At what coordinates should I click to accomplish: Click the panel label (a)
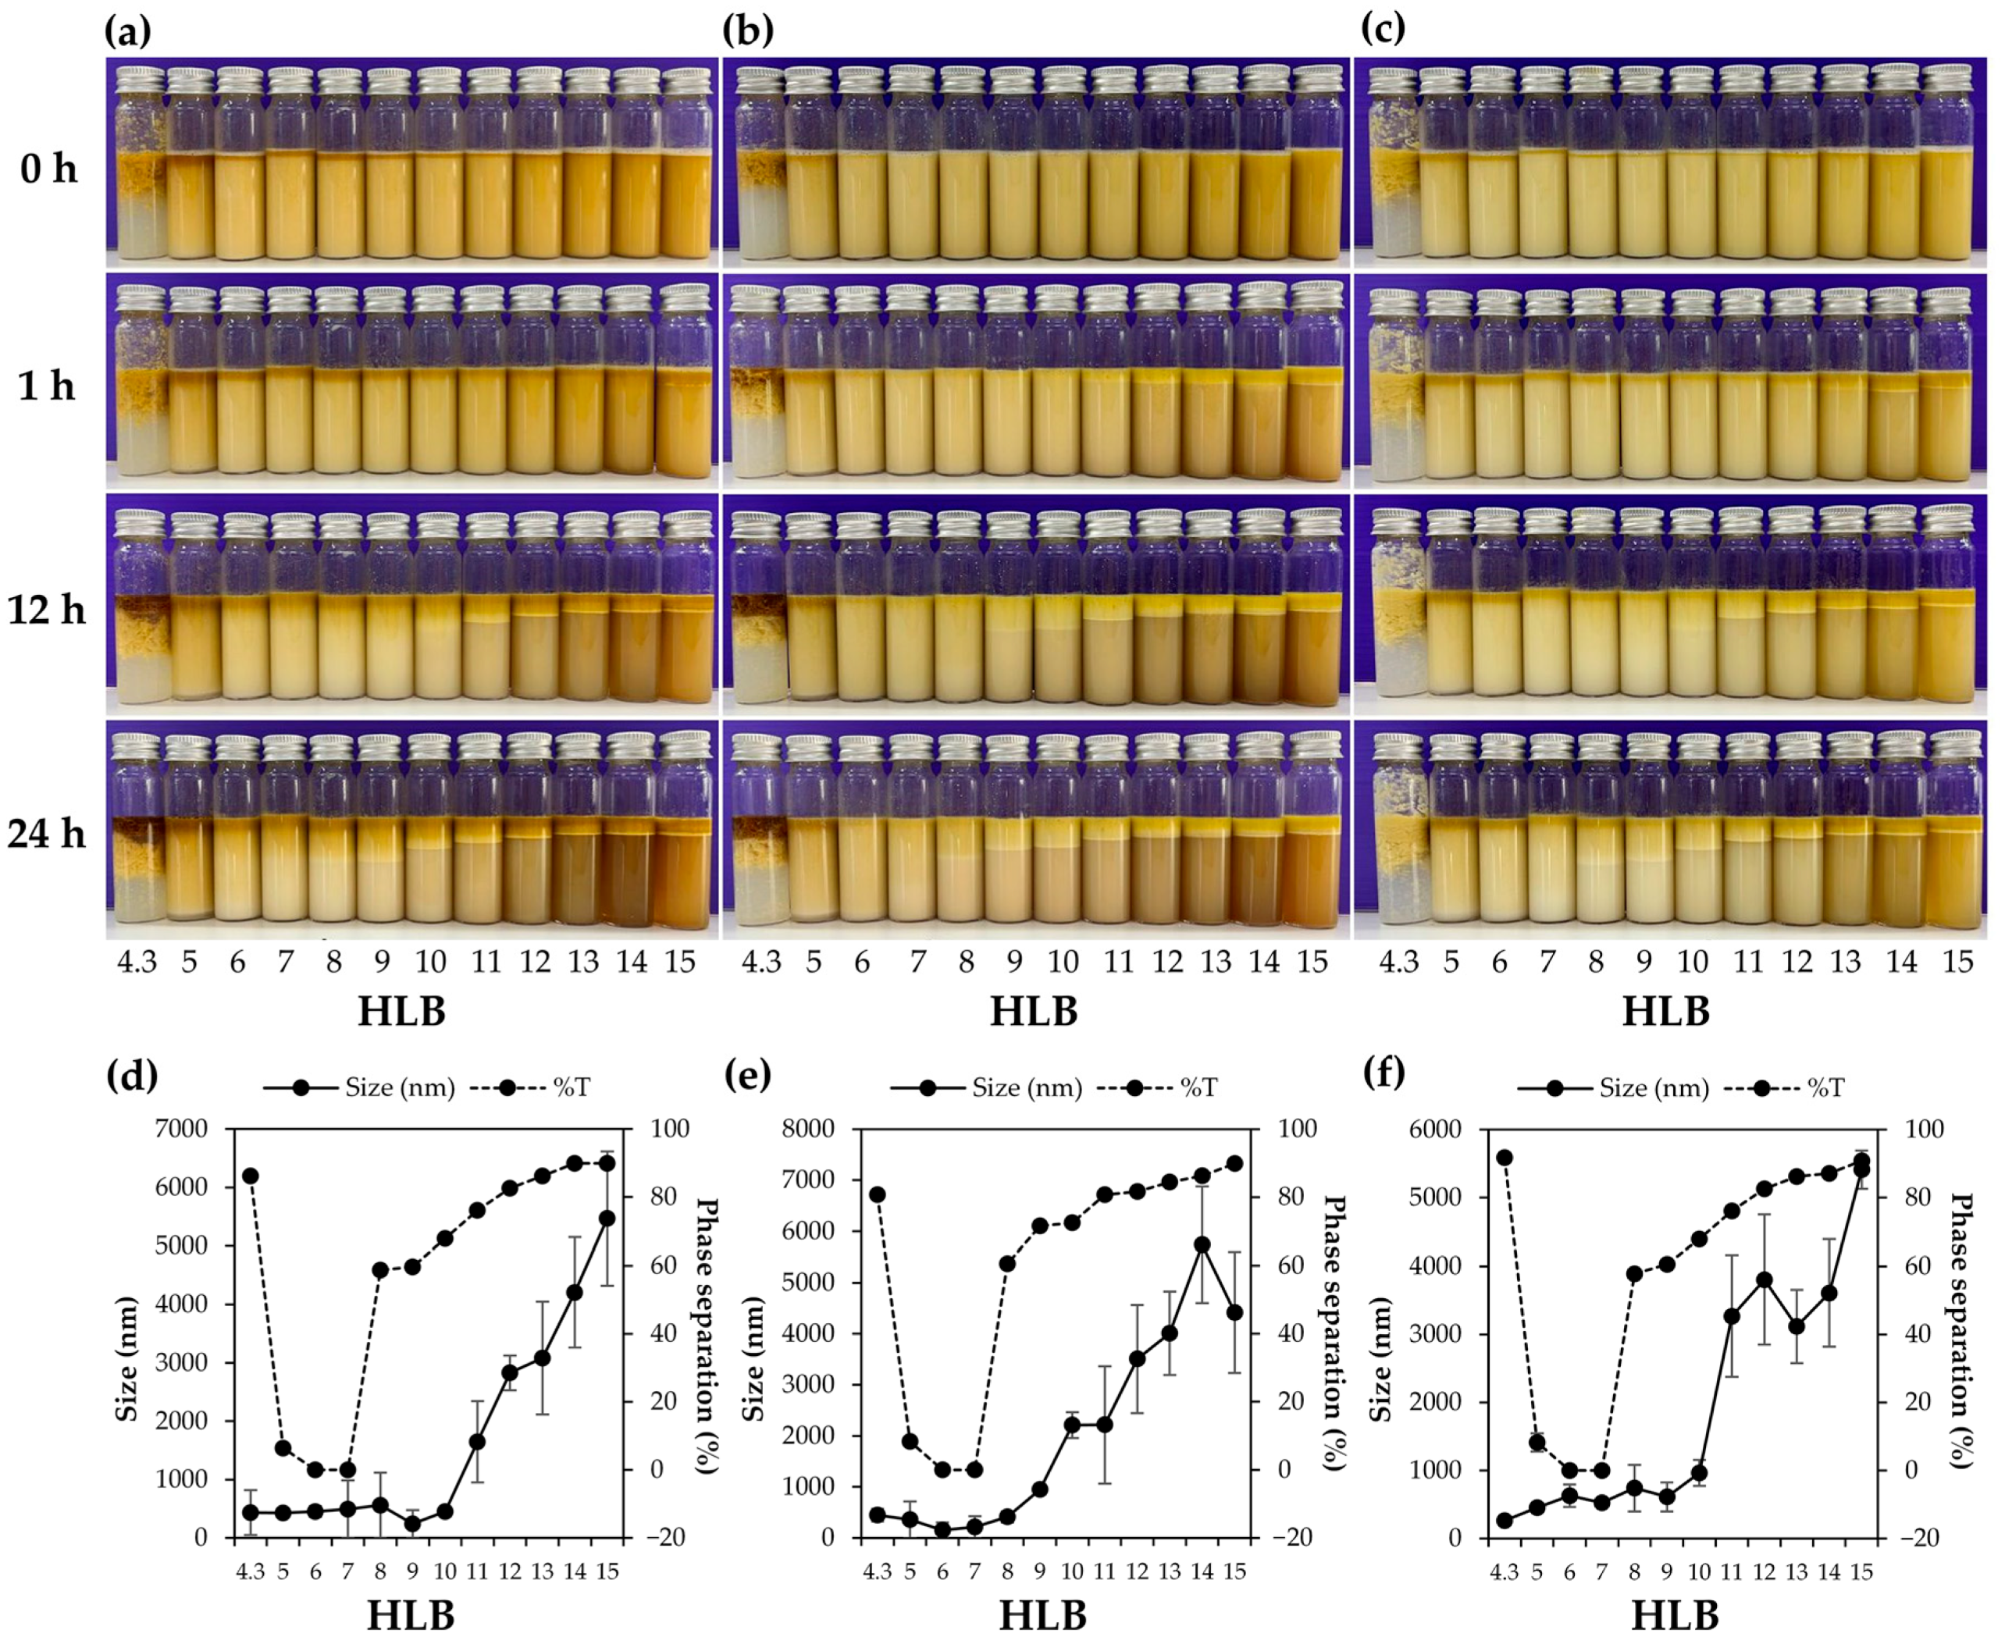[127, 31]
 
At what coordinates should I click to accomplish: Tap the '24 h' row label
[46, 834]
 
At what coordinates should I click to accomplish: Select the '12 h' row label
[46, 610]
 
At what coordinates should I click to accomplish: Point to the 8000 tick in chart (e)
[808, 1129]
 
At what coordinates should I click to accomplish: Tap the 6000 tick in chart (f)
[1434, 1129]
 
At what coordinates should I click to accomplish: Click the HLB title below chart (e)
[1042, 1614]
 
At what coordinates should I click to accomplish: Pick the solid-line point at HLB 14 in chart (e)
[1202, 1244]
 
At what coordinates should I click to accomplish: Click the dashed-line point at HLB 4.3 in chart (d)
[250, 1176]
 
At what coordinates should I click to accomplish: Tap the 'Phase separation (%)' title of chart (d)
[707, 1336]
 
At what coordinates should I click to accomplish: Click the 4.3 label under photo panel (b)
[761, 962]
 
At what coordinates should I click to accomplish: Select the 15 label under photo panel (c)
[1958, 962]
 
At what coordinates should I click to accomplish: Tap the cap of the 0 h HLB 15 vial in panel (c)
[1946, 77]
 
